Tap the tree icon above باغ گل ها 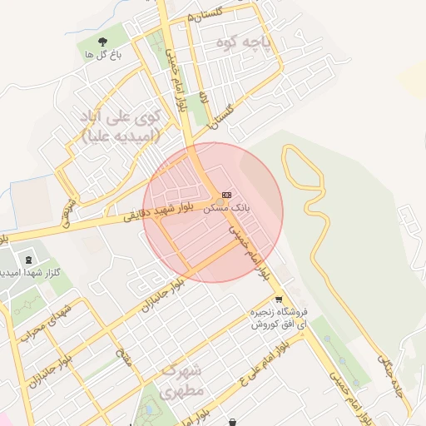(x=103, y=41)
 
